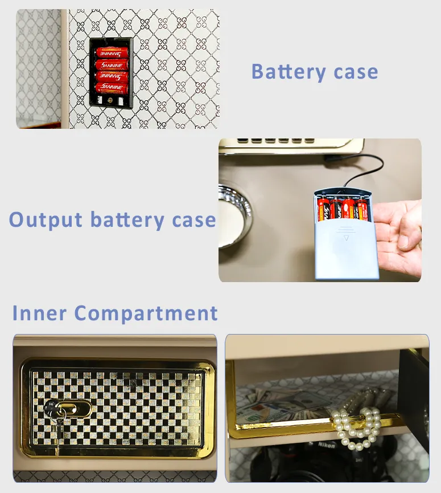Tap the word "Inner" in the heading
pyautogui.click(x=39, y=313)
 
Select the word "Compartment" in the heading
pyautogui.click(x=146, y=313)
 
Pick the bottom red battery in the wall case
pyautogui.click(x=112, y=87)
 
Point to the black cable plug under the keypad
pyautogui.click(x=333, y=162)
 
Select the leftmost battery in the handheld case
pyautogui.click(x=324, y=210)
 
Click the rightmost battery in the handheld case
pyautogui.click(x=361, y=210)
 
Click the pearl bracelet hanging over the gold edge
pyautogui.click(x=356, y=426)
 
